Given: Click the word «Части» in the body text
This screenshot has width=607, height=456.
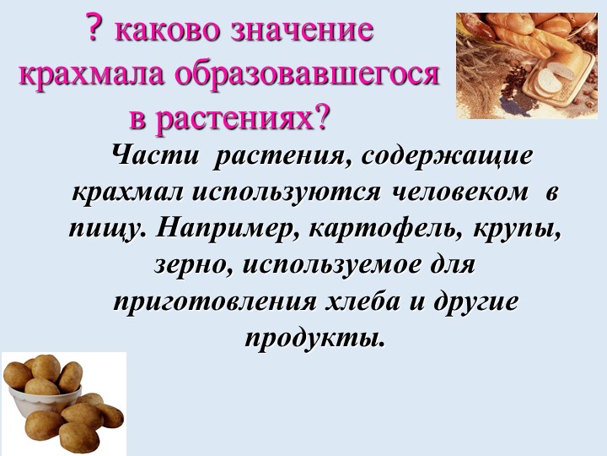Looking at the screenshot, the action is click(x=155, y=156).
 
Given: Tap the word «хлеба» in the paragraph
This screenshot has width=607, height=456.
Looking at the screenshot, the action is click(x=363, y=301).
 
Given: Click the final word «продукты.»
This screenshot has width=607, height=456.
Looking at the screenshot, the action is click(x=316, y=337).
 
